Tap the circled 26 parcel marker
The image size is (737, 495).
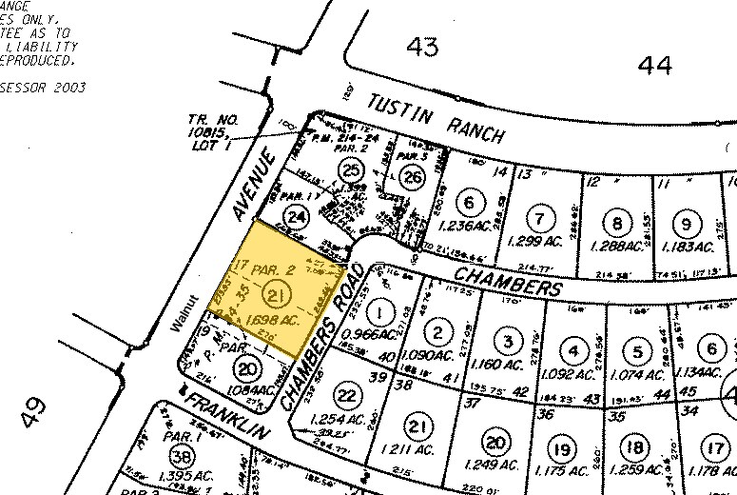412,177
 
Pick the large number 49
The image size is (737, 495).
34,412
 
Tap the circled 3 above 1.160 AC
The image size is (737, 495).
509,341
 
